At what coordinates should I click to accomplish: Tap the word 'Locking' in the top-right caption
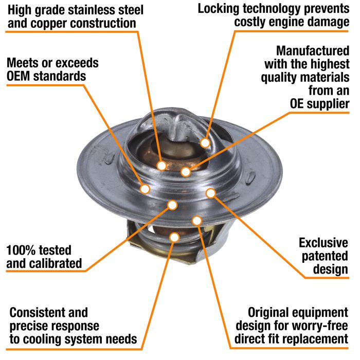218,9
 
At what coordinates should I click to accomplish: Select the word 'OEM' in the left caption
19,76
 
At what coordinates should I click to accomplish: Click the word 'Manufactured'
313,51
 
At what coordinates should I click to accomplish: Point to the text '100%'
20,250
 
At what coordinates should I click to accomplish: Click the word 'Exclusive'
323,243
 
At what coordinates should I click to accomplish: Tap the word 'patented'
325,256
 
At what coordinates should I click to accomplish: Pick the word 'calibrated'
56,263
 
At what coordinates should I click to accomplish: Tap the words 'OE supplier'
319,104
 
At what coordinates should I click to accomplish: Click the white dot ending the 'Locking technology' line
205,143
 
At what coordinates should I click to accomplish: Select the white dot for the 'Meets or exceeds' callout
145,189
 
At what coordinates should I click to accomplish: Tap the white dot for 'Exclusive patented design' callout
211,193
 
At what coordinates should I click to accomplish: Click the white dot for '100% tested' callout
172,205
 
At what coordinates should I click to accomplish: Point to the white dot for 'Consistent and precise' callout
174,237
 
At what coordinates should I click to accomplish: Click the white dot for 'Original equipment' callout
197,221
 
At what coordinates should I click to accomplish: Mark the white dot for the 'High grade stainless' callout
161,165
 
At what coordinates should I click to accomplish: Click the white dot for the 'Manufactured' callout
186,172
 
